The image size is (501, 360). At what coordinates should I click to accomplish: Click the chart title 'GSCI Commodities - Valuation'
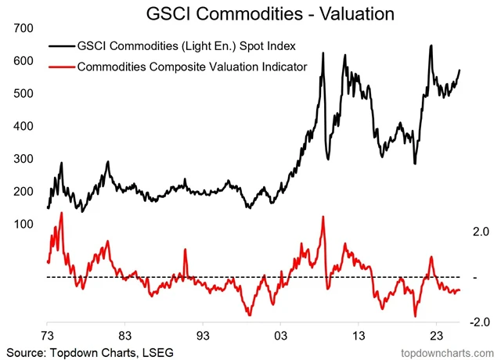(x=250, y=13)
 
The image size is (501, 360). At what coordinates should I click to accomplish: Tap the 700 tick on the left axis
(x=23, y=27)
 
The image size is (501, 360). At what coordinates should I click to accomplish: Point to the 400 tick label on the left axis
(x=23, y=126)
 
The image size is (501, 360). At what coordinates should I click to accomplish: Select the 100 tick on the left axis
(x=23, y=225)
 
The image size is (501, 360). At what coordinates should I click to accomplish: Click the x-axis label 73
(x=47, y=332)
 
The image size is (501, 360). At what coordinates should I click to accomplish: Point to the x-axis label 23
(x=435, y=332)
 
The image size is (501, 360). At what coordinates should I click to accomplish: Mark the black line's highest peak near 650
(x=431, y=45)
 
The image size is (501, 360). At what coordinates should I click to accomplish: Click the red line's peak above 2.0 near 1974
(x=61, y=213)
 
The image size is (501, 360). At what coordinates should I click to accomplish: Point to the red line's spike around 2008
(x=323, y=217)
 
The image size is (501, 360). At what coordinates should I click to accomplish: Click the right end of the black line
(x=460, y=70)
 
